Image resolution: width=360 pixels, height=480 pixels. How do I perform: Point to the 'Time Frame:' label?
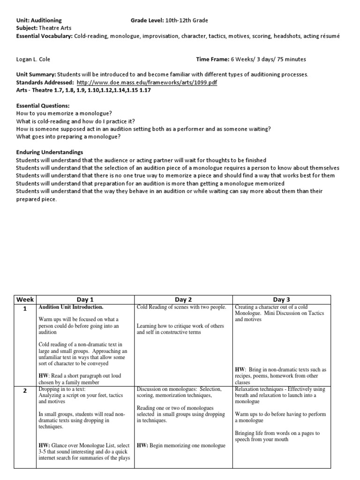(212, 59)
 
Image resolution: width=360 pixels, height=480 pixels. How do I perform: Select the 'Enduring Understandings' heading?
(49, 152)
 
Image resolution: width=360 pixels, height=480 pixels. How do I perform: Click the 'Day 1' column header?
(85, 299)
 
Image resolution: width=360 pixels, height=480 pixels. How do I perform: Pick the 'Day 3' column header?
(281, 299)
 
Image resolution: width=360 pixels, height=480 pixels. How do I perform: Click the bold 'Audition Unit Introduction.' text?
(71, 307)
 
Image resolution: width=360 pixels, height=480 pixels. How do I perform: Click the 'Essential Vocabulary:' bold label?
(44, 36)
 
